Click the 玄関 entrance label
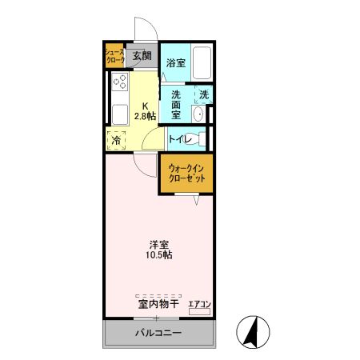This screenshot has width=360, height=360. (142, 56)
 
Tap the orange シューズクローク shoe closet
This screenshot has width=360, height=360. (115, 56)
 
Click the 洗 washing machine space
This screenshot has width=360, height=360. (204, 94)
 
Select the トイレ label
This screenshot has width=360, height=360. (179, 139)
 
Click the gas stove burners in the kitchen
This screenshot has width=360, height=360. (121, 83)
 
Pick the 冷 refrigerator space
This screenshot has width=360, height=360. (117, 140)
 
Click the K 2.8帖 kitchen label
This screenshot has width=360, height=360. (146, 110)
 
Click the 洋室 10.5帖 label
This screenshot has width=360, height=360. (158, 249)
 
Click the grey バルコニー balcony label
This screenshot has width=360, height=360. (158, 333)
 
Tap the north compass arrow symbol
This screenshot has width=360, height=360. (252, 331)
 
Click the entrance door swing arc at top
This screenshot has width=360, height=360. (145, 29)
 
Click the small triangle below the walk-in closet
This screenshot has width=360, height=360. (196, 200)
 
